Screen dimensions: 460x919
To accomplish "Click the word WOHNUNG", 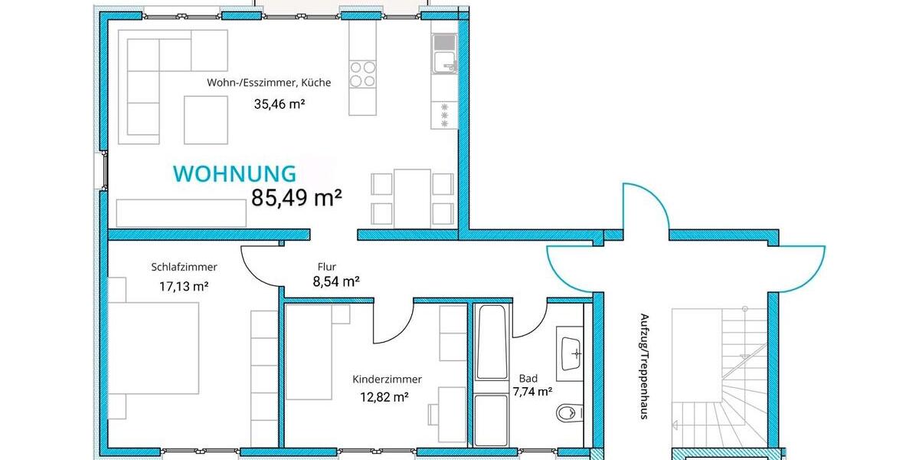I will (234, 174).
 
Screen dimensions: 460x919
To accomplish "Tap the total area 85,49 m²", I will (296, 198).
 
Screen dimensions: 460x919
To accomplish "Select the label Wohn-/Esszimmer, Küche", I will (268, 83).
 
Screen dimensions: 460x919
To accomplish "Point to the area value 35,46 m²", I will (280, 103).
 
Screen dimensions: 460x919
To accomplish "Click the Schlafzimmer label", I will (184, 267).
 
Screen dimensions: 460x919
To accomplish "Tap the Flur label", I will (327, 267).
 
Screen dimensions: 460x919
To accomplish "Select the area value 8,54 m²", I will (336, 281).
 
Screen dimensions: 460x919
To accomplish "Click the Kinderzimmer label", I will (387, 379).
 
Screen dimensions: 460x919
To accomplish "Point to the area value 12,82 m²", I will (384, 396).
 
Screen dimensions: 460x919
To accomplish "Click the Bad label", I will (528, 378).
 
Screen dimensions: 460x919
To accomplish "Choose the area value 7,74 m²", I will (532, 391).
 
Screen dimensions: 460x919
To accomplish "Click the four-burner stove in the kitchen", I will (362, 73).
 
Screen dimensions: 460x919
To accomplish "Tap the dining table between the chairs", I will (413, 198).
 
